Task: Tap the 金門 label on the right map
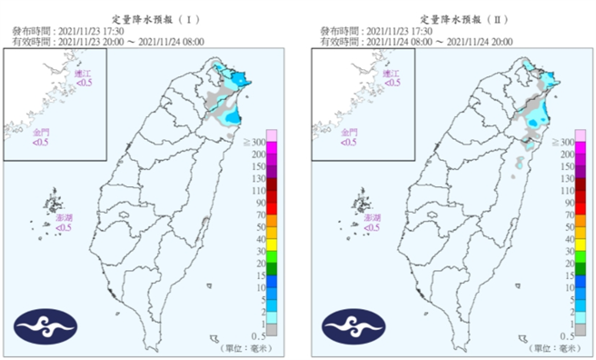[349, 132]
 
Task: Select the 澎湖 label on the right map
[371, 218]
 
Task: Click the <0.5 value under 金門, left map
[41, 142]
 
